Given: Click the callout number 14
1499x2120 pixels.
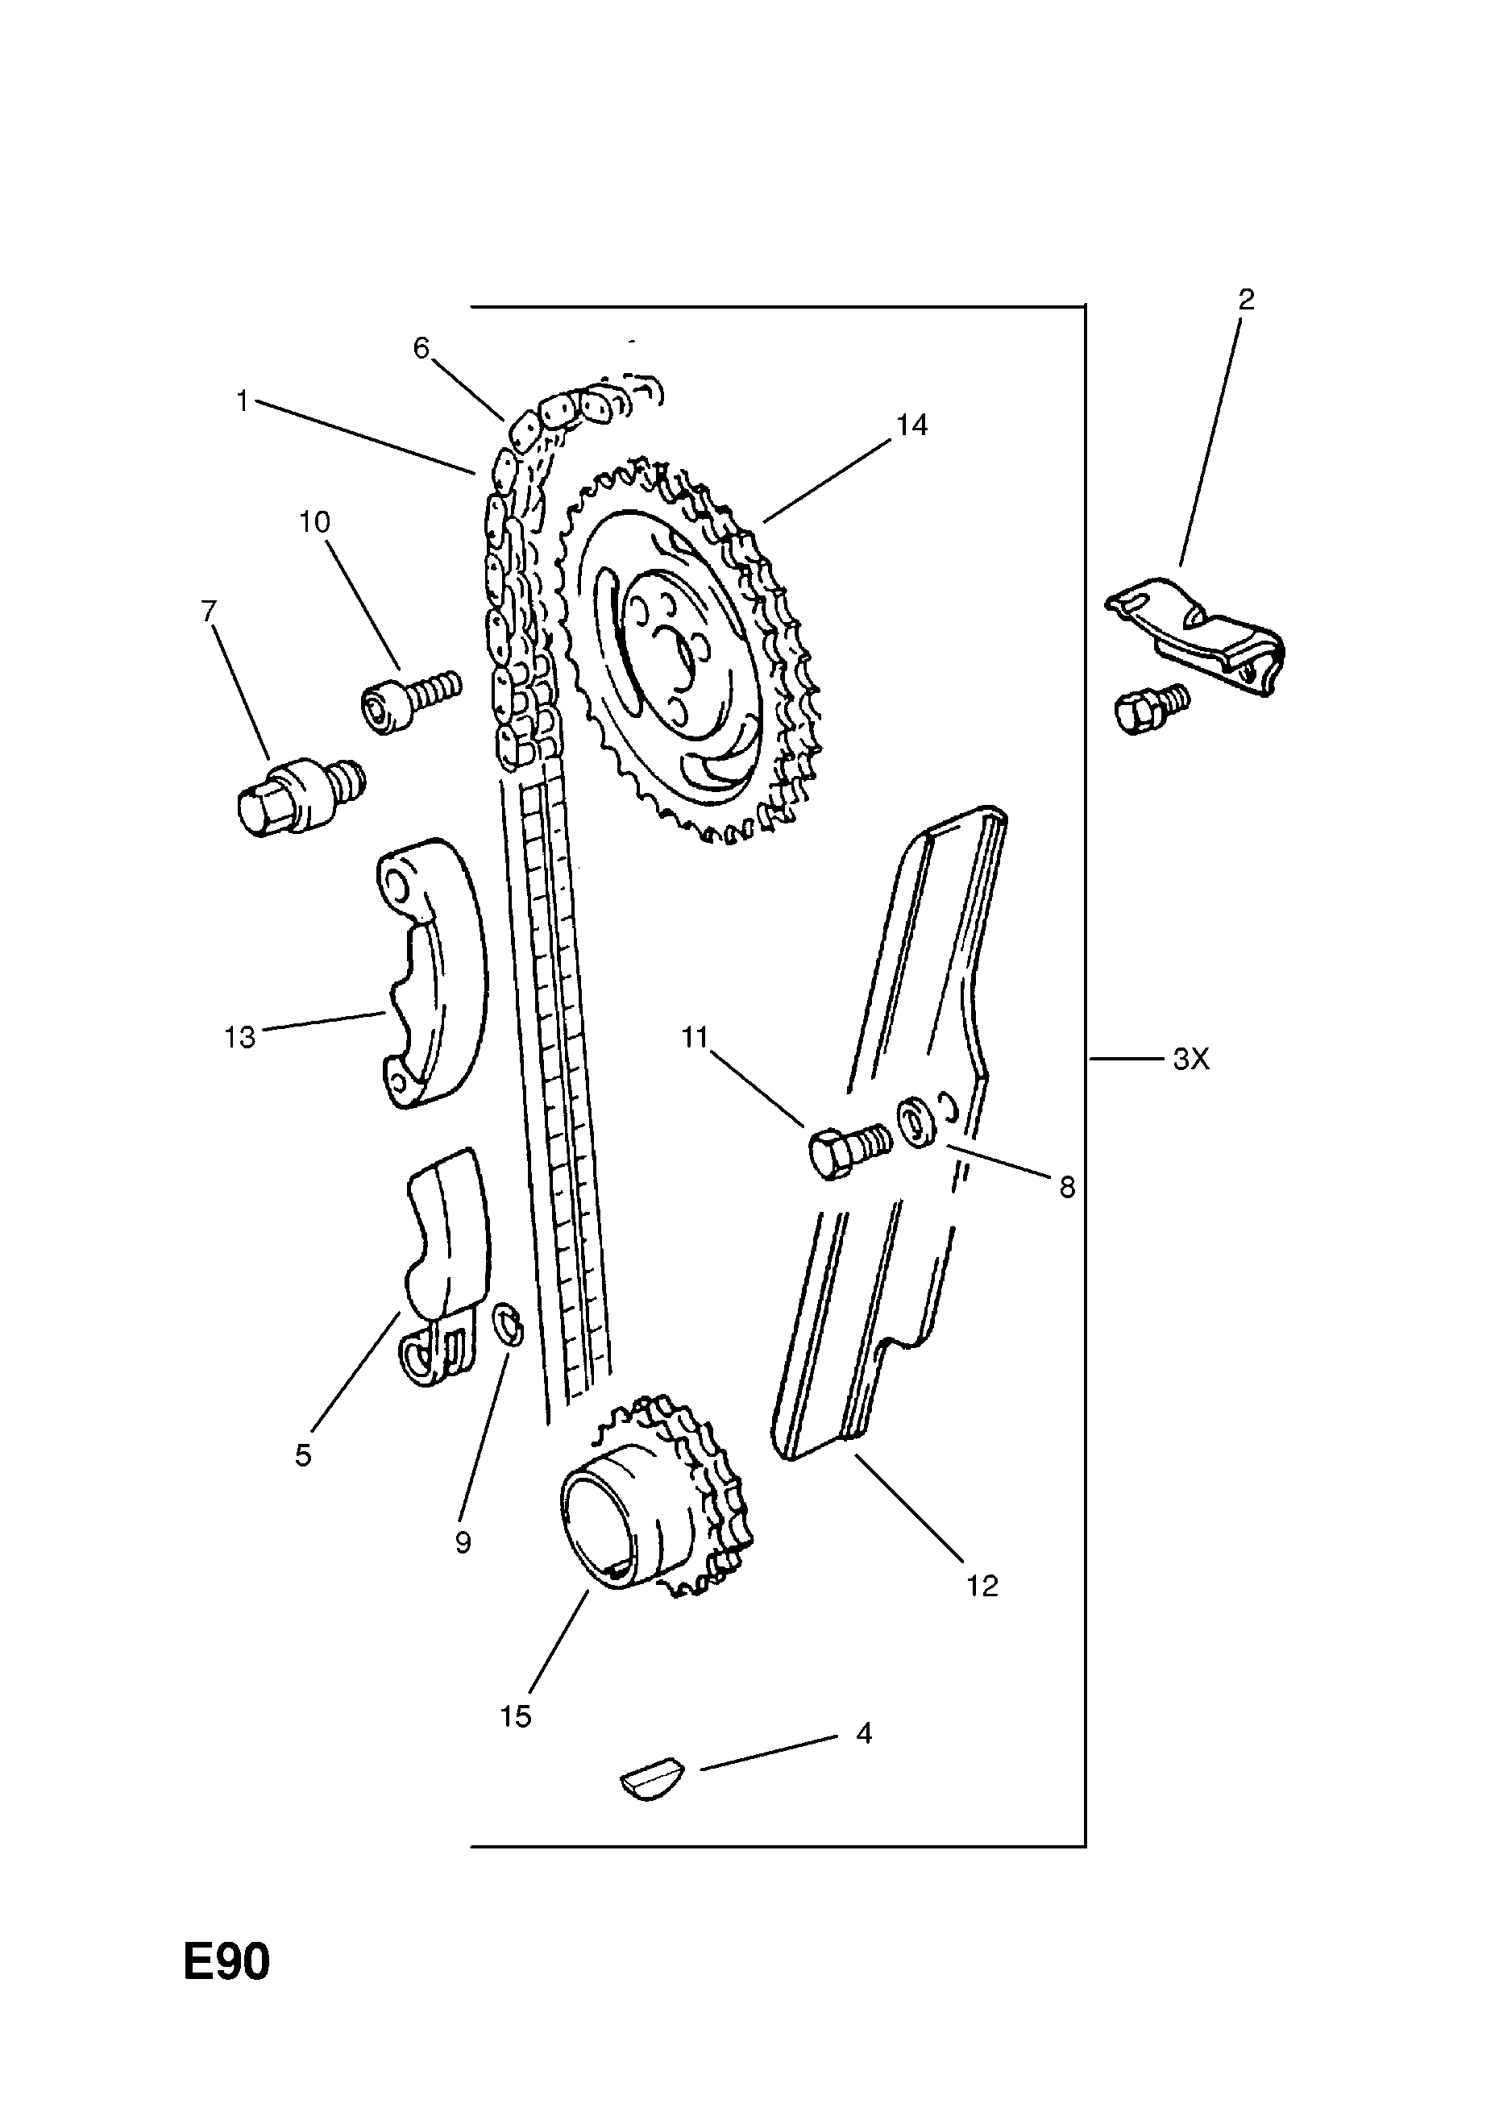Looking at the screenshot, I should coord(911,425).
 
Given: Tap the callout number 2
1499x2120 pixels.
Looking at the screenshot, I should coord(1246,299).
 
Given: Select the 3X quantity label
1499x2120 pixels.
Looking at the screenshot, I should coord(1190,1060).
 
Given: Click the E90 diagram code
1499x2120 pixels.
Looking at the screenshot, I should coord(226,1988).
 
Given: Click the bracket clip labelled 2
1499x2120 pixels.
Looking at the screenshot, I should coord(1201,628).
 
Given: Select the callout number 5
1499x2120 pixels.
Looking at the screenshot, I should coord(303,1455).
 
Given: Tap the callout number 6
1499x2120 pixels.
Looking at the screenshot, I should coord(421,348).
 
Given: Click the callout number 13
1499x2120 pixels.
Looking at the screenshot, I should coord(239,1038).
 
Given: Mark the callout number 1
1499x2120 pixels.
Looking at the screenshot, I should coord(242,401).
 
